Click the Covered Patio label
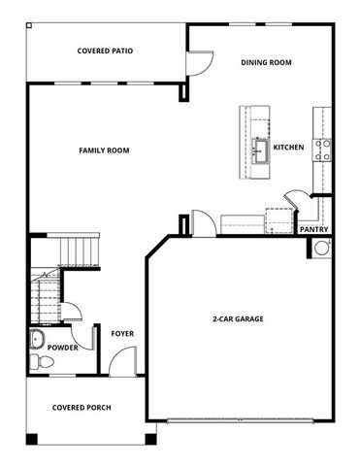click(105, 50)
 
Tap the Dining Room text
click(266, 62)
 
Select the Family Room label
click(104, 150)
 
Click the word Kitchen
click(289, 148)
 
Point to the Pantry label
click(314, 229)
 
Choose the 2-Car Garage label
click(238, 319)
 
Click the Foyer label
click(122, 334)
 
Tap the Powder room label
click(63, 348)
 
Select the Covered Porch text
click(82, 408)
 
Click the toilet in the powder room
click(42, 361)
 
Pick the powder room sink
click(38, 339)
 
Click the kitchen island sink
click(261, 151)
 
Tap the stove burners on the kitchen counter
click(321, 150)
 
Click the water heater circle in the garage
click(322, 249)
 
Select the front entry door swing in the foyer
click(122, 361)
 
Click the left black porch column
click(32, 439)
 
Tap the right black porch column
click(150, 439)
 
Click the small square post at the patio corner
click(29, 25)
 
